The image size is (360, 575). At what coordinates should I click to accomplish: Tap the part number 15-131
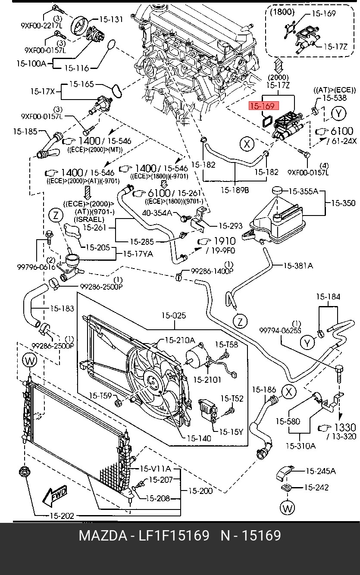[111, 19]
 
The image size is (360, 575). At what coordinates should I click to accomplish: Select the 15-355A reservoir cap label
[303, 191]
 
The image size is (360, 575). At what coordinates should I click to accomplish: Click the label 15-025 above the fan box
[174, 316]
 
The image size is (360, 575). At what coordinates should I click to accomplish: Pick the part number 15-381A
[298, 266]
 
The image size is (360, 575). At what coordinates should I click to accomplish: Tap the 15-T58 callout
[226, 344]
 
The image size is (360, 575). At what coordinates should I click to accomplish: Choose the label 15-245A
[320, 471]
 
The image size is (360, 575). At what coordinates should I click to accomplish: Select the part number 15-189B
[235, 190]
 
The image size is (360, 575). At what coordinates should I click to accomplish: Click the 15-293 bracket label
[230, 225]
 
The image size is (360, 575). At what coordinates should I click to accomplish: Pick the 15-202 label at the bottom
[62, 516]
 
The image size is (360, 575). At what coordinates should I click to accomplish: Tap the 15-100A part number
[31, 63]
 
